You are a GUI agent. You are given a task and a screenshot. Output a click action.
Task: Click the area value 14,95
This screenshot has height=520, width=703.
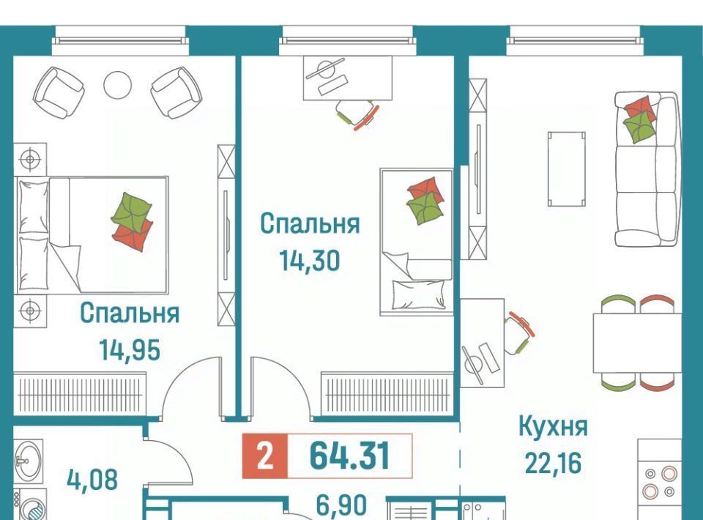coord(130,349)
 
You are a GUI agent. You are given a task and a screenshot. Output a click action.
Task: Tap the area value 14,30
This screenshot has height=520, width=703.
coord(310,260)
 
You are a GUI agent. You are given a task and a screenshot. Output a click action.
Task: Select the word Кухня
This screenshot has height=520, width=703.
coord(553,427)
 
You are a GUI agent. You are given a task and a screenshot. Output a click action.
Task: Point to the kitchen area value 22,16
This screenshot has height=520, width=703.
coord(553,463)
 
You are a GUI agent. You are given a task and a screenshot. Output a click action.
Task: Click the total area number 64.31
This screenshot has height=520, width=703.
coord(350,456)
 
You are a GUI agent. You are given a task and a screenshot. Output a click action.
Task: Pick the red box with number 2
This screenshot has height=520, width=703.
coord(264,456)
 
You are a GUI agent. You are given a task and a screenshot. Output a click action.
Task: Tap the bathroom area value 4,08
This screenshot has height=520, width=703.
coord(92,479)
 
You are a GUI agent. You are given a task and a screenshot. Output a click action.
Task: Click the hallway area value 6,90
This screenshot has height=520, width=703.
coord(342,505)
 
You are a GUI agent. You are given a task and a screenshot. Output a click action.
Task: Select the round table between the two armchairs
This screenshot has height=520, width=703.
coord(117,85)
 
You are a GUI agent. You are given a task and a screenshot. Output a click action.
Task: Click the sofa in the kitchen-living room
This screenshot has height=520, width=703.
coord(646,169)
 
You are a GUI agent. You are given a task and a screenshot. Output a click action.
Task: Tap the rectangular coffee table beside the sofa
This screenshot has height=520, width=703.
coord(567,169)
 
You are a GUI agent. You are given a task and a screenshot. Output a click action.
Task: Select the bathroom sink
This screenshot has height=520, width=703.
coord(29,460)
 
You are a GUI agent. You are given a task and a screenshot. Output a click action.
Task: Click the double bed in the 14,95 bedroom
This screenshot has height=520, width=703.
coord(92,235)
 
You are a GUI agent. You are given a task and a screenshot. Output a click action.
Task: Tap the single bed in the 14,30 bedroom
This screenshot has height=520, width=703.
coord(417,242)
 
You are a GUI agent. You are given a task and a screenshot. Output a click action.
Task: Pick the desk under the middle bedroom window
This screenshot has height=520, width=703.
coord(348,78)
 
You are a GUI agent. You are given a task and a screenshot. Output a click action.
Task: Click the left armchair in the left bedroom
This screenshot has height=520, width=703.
coord(59,93)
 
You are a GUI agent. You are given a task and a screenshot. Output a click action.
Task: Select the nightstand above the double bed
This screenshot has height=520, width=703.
coord(30,159)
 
